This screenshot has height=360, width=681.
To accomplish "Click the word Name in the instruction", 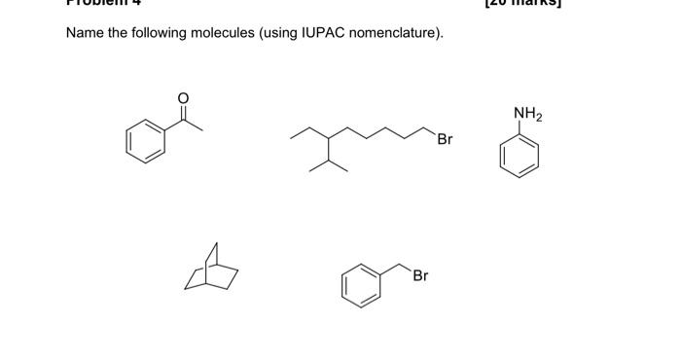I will pyautogui.click(x=86, y=34).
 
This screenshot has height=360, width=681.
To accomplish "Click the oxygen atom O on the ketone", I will pyautogui.click(x=181, y=97).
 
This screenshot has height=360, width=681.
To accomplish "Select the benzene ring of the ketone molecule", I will pyautogui.click(x=144, y=141).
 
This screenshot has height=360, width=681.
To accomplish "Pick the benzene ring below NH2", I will pyautogui.click(x=519, y=156).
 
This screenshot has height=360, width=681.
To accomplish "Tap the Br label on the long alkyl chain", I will pyautogui.click(x=445, y=139).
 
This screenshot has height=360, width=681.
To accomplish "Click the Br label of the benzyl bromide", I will pyautogui.click(x=420, y=275).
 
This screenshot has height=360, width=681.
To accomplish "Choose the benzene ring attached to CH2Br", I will pyautogui.click(x=360, y=285).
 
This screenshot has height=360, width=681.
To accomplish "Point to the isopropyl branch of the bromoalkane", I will pyautogui.click(x=329, y=163).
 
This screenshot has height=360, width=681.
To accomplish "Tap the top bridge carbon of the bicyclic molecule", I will pyautogui.click(x=216, y=244).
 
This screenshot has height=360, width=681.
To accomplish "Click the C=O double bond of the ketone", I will pyautogui.click(x=181, y=113).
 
